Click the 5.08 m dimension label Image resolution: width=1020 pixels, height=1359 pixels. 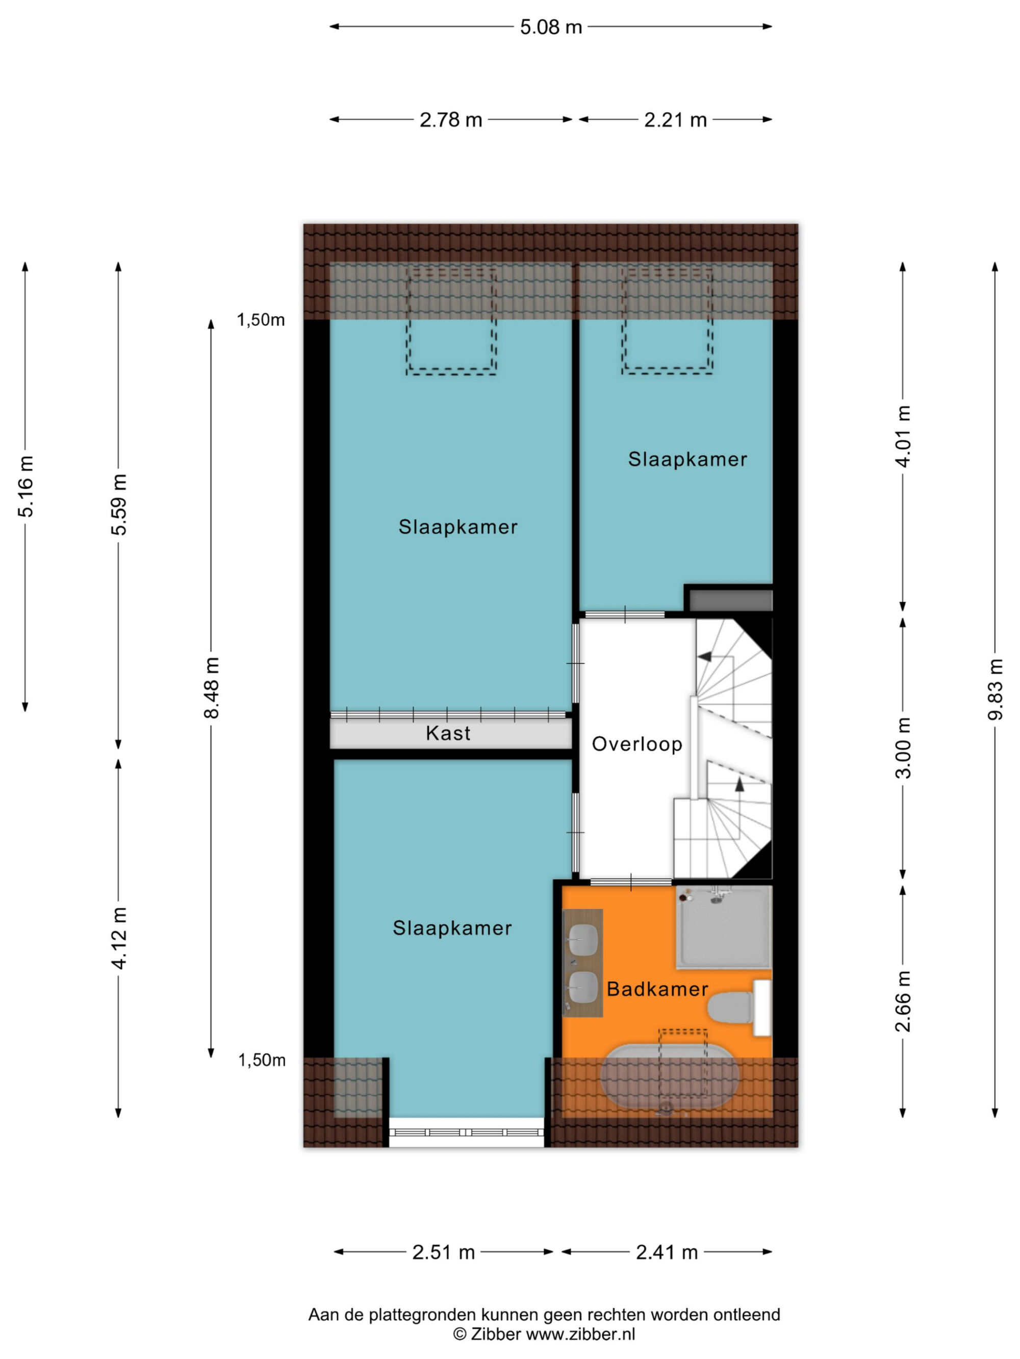550,28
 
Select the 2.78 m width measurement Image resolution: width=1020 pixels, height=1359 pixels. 451,120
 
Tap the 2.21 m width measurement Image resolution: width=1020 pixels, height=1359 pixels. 675,120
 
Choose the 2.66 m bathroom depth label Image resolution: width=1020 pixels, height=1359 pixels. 903,1001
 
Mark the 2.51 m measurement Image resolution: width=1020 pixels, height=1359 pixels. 443,1253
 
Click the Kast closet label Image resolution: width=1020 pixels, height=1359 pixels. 448,733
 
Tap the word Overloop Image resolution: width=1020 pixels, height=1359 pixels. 637,744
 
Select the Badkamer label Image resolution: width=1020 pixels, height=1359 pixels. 657,989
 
